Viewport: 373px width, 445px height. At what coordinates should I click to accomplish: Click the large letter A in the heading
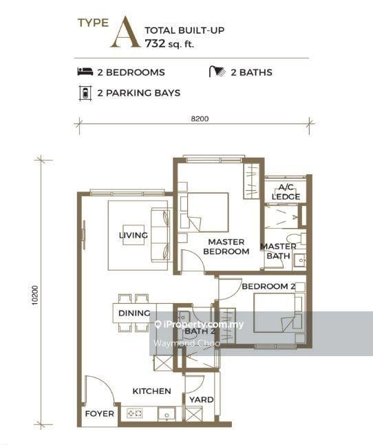pyautogui.click(x=126, y=33)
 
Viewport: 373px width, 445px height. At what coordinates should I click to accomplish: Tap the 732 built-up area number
pyautogui.click(x=155, y=43)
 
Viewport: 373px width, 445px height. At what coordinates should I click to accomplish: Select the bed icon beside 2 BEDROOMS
pyautogui.click(x=85, y=72)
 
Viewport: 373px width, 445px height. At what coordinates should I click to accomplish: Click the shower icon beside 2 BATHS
pyautogui.click(x=217, y=72)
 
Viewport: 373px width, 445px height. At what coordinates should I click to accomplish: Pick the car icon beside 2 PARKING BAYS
pyautogui.click(x=85, y=93)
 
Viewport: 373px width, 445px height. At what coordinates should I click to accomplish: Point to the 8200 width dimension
pyautogui.click(x=200, y=118)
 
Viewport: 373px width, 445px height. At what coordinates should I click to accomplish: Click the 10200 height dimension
pyautogui.click(x=35, y=296)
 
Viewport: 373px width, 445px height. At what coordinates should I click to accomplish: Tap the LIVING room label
pyautogui.click(x=134, y=236)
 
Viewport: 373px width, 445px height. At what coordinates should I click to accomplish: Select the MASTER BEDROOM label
pyautogui.click(x=226, y=247)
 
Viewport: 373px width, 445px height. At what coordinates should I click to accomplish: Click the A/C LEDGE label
pyautogui.click(x=286, y=192)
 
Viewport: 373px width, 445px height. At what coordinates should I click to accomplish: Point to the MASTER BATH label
pyautogui.click(x=278, y=251)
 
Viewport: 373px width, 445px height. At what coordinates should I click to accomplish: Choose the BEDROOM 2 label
pyautogui.click(x=268, y=287)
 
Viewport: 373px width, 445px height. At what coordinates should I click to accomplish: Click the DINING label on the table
pyautogui.click(x=134, y=313)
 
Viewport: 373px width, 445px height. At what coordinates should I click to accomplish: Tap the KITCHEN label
pyautogui.click(x=152, y=391)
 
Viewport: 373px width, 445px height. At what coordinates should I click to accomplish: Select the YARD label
pyautogui.click(x=202, y=400)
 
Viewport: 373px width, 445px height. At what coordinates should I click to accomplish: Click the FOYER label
pyautogui.click(x=100, y=414)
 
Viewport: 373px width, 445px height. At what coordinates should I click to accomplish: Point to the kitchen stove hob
pyautogui.click(x=135, y=413)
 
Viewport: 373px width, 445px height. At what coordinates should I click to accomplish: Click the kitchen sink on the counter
pyautogui.click(x=167, y=415)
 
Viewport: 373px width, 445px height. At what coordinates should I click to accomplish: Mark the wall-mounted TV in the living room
pyautogui.click(x=83, y=235)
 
